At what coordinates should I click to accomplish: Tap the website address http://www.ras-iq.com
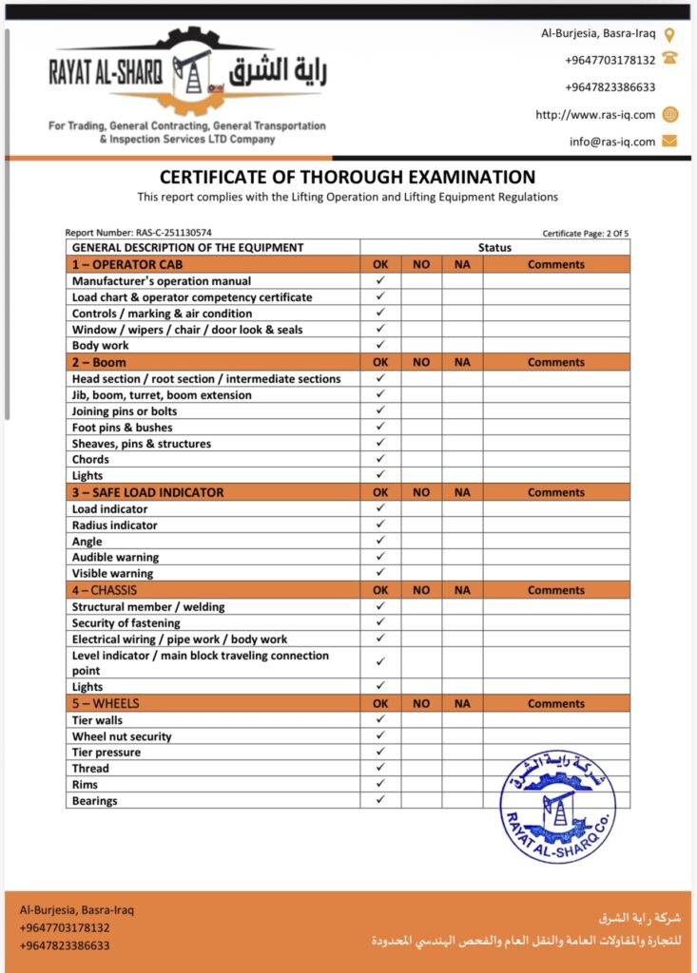click(x=595, y=115)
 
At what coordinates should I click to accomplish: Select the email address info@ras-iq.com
click(x=612, y=142)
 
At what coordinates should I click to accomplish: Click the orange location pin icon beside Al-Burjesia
click(x=669, y=34)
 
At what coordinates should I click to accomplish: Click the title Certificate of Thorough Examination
click(x=347, y=177)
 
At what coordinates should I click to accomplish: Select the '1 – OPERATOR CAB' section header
click(x=127, y=264)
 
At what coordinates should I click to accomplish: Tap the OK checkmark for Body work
click(x=380, y=345)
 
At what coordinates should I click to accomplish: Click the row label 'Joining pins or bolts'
click(x=125, y=411)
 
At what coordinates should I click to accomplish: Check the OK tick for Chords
click(x=380, y=459)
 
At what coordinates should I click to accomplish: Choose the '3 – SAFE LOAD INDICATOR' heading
click(x=148, y=492)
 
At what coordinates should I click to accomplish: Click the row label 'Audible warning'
click(x=116, y=557)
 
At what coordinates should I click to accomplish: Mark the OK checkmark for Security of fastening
click(x=380, y=622)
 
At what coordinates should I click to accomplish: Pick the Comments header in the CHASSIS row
click(x=556, y=590)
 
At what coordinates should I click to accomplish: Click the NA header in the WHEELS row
click(x=462, y=704)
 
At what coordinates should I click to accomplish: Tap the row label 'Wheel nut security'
click(x=122, y=736)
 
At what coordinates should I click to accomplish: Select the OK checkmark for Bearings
click(x=380, y=800)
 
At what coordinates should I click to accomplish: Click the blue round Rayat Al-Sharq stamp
click(x=557, y=807)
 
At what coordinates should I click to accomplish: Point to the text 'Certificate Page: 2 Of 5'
click(x=586, y=233)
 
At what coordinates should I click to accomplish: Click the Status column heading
click(x=494, y=248)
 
